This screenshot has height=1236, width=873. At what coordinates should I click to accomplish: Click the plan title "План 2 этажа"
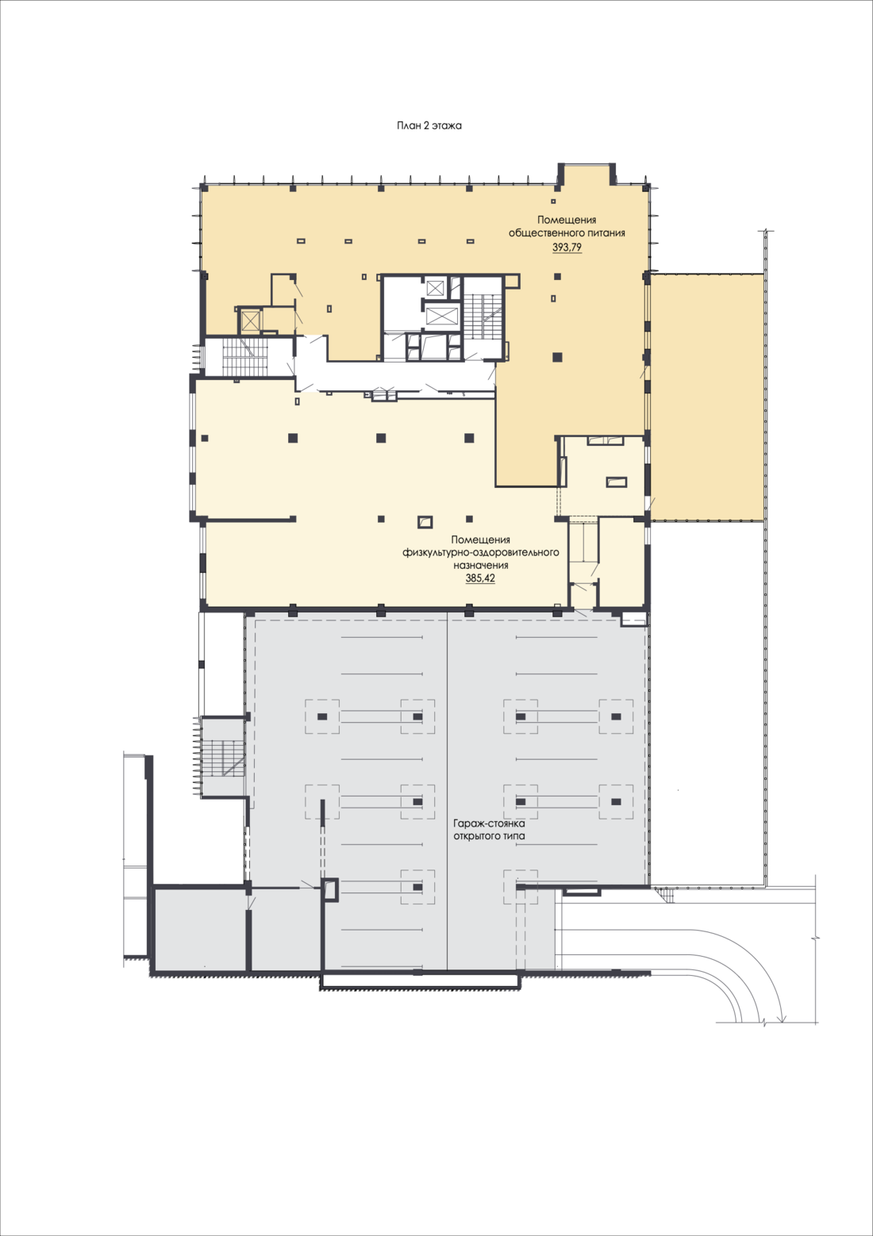[429, 126]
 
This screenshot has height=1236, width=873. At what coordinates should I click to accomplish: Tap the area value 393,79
[567, 248]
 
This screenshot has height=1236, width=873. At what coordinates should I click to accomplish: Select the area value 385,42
[480, 578]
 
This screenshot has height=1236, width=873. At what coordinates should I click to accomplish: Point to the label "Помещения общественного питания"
[567, 226]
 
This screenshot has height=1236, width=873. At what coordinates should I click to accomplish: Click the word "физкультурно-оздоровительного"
[481, 552]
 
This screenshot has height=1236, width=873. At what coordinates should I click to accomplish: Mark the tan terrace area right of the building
[707, 397]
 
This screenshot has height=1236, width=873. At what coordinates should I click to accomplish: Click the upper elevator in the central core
[435, 288]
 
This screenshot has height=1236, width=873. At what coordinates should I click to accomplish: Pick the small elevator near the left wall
[250, 321]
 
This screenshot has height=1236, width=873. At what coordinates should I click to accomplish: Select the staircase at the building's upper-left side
[245, 356]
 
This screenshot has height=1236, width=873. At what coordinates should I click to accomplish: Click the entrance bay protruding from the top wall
[586, 175]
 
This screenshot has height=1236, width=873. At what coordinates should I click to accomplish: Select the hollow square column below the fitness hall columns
[425, 521]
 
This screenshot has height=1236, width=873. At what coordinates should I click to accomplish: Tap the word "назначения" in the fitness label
[481, 566]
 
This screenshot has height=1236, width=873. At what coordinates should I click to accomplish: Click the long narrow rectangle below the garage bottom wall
[421, 981]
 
